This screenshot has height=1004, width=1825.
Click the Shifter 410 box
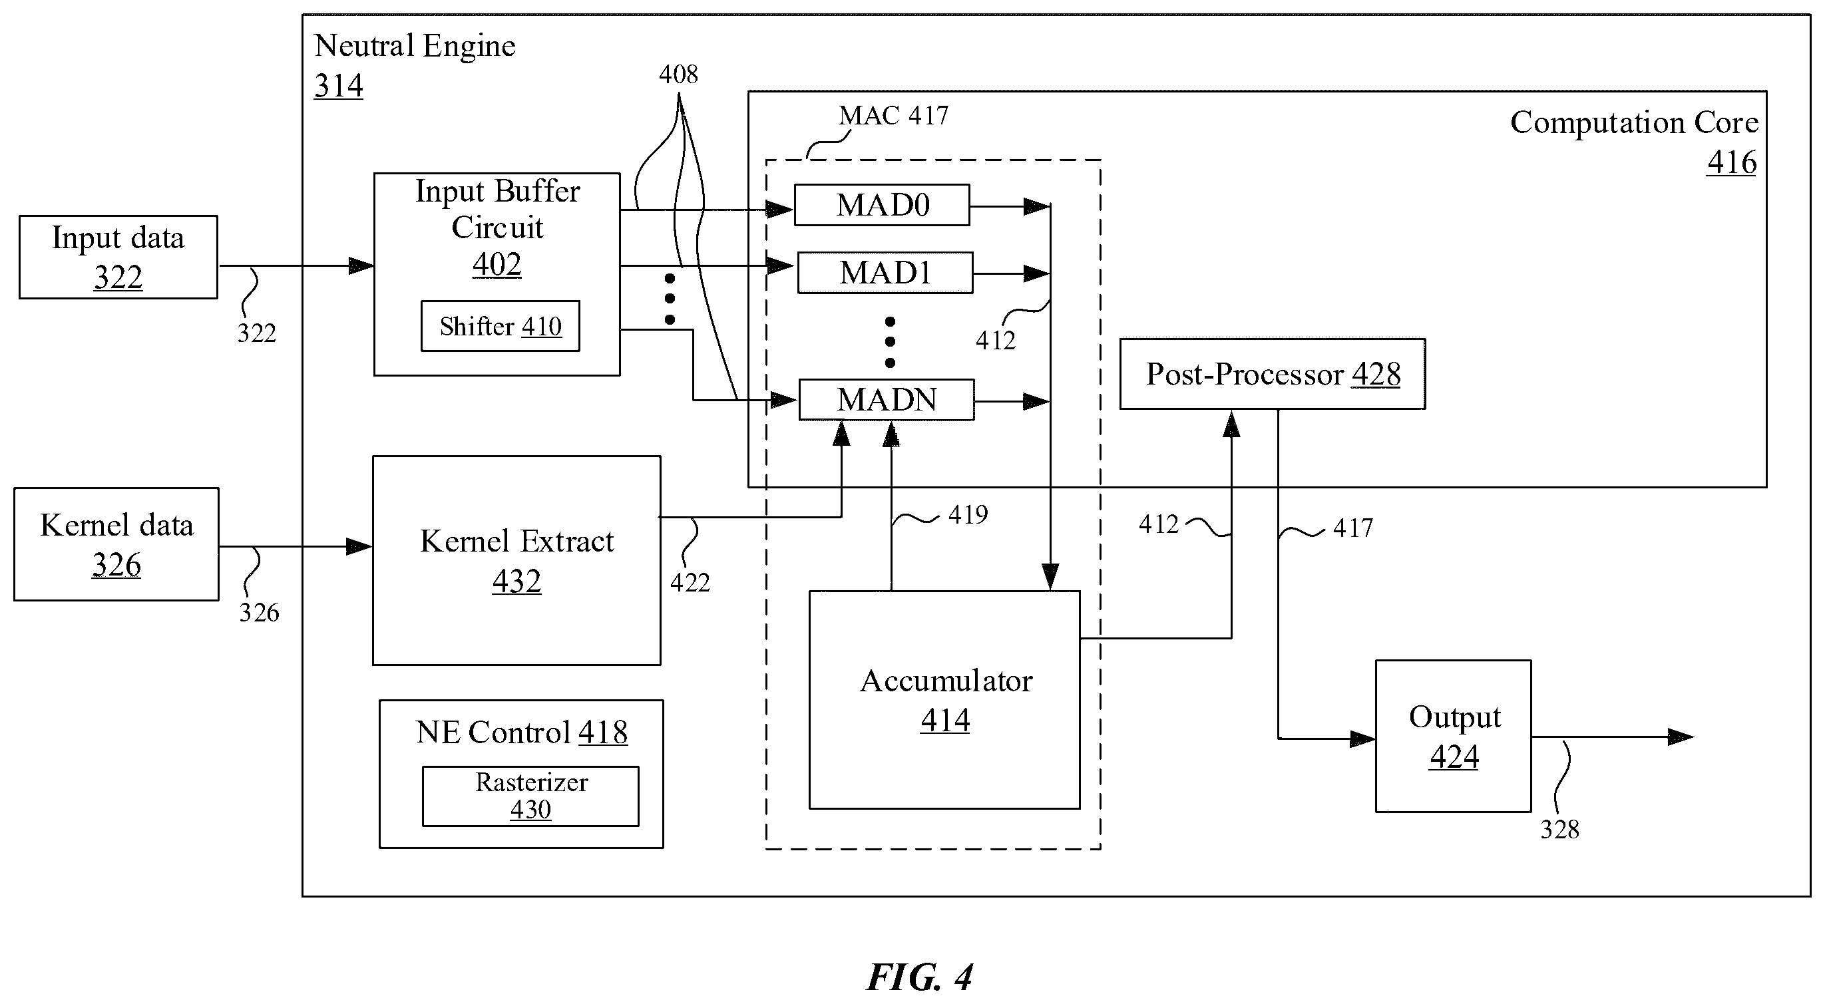coord(500,326)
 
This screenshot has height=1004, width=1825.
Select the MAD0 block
coord(881,206)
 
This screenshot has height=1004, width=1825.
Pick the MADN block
coord(887,400)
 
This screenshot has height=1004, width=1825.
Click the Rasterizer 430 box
coord(530,796)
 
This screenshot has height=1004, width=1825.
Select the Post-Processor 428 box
coord(1273,374)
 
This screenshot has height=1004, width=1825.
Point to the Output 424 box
coord(1453,736)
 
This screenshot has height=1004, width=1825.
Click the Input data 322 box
coord(118,257)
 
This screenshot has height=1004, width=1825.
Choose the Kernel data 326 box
coord(116,544)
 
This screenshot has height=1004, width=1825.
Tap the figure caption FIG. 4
coord(920,977)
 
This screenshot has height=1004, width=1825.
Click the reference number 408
coord(678,75)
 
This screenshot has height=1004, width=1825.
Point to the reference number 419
coord(968,514)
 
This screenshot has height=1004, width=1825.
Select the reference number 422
coord(690,582)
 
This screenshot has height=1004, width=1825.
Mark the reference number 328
coord(1560,829)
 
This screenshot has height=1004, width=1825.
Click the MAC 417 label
coord(893,115)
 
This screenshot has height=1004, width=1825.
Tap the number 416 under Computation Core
coord(1731,162)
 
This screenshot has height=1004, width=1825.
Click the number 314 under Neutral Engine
coord(339,86)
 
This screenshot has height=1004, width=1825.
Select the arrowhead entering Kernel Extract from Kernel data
coord(359,547)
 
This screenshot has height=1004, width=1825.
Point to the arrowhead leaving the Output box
coord(1681,737)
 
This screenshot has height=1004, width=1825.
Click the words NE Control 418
coord(521,732)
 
